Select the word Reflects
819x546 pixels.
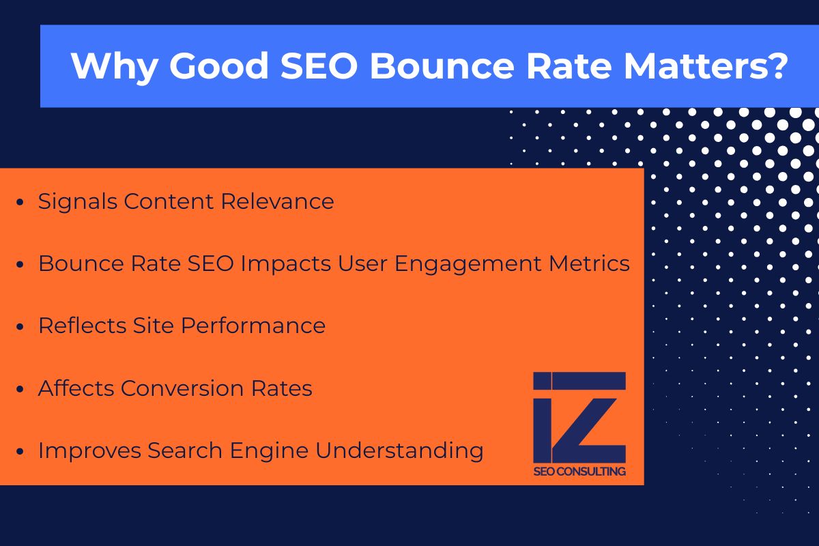pos(80,326)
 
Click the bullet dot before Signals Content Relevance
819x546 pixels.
pos(20,203)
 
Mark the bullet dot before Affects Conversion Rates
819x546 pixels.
pos(20,390)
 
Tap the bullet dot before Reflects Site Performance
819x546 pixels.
pos(20,327)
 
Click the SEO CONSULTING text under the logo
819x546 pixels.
pos(579,471)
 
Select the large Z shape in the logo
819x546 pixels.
pos(592,418)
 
